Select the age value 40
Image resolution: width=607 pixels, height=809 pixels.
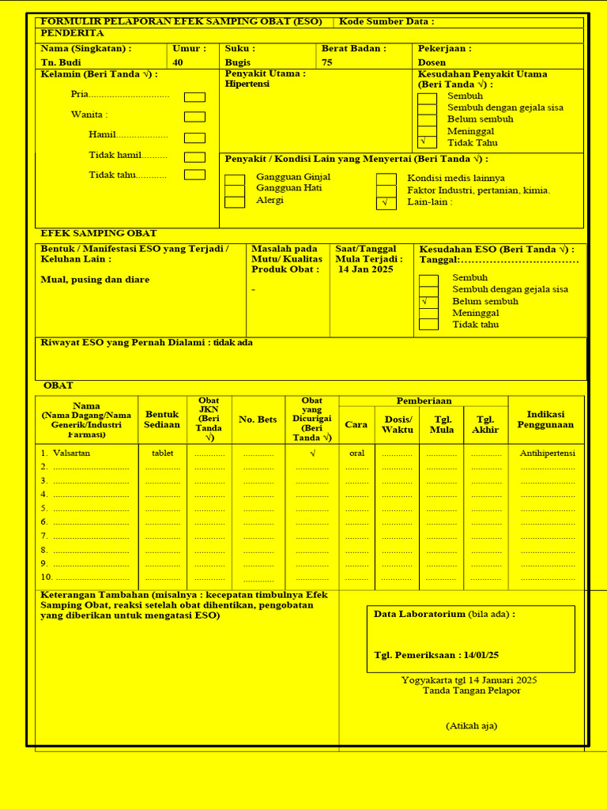pos(178,62)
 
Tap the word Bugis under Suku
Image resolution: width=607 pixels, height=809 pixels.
pos(237,62)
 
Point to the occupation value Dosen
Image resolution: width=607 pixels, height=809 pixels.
pos(432,62)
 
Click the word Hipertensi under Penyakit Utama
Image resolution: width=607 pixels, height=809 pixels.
pos(247,84)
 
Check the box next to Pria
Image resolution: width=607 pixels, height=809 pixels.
pos(194,97)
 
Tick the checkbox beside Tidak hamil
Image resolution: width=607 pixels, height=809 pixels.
pos(194,157)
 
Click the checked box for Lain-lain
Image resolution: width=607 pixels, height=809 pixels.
pos(386,203)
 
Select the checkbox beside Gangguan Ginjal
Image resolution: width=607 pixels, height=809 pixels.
pos(235,179)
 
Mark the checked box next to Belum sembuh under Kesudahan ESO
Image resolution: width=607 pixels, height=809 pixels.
pos(428,302)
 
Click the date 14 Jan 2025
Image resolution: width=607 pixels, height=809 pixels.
pos(366,269)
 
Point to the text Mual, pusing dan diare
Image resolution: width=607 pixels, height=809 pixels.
pos(95,280)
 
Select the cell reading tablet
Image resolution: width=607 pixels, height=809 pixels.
pos(162,453)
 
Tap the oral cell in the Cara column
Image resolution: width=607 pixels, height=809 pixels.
pos(356,453)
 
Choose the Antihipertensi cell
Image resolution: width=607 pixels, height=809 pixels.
pos(548,453)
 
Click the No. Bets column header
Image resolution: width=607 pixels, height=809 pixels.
pos(258,420)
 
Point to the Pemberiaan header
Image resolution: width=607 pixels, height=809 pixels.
pos(424,401)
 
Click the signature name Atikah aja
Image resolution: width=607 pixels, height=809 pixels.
pos(471,726)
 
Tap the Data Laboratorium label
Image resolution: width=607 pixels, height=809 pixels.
pos(419,614)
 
